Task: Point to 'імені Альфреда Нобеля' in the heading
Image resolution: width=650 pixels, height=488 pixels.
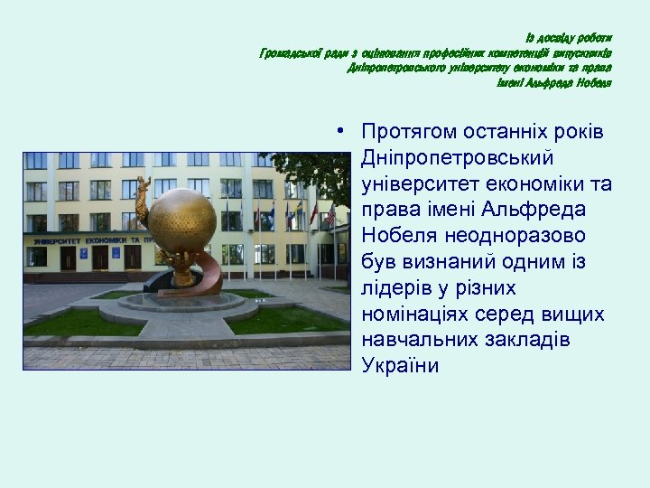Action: coord(553,83)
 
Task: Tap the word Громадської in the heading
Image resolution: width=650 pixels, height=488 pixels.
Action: coord(288,53)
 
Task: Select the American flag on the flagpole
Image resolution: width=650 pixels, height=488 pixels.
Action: coord(330,216)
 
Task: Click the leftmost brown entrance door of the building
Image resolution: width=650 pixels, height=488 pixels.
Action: coord(67,258)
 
